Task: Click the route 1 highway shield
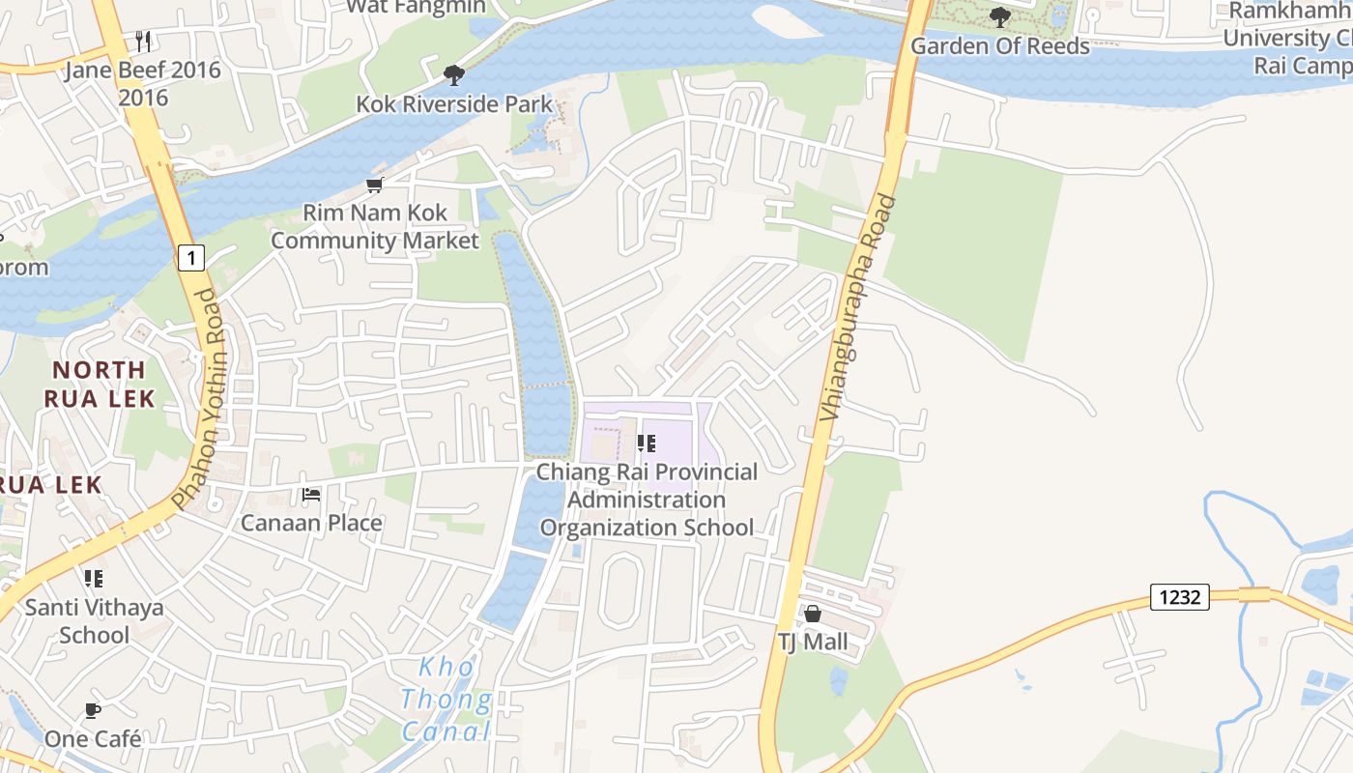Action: pos(191,258)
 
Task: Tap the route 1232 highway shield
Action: pos(1180,597)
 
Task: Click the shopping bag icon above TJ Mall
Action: pos(813,615)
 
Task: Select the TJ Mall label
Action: pos(813,642)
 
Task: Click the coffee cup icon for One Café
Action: pos(93,711)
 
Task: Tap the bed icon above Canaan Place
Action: pos(311,495)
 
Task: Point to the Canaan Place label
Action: pos(311,523)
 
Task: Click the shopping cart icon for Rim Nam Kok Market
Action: pos(374,185)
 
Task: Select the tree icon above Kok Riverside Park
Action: pos(453,75)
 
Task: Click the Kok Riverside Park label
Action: pos(454,103)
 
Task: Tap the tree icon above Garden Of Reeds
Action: pos(1000,17)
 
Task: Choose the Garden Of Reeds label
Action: pos(1000,45)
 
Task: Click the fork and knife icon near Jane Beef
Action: pos(143,41)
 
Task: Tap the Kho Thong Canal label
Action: pos(446,699)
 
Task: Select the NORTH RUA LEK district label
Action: pos(99,384)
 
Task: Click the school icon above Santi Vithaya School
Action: pos(94,579)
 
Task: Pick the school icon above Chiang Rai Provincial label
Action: pos(647,444)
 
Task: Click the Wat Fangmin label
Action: pos(416,6)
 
